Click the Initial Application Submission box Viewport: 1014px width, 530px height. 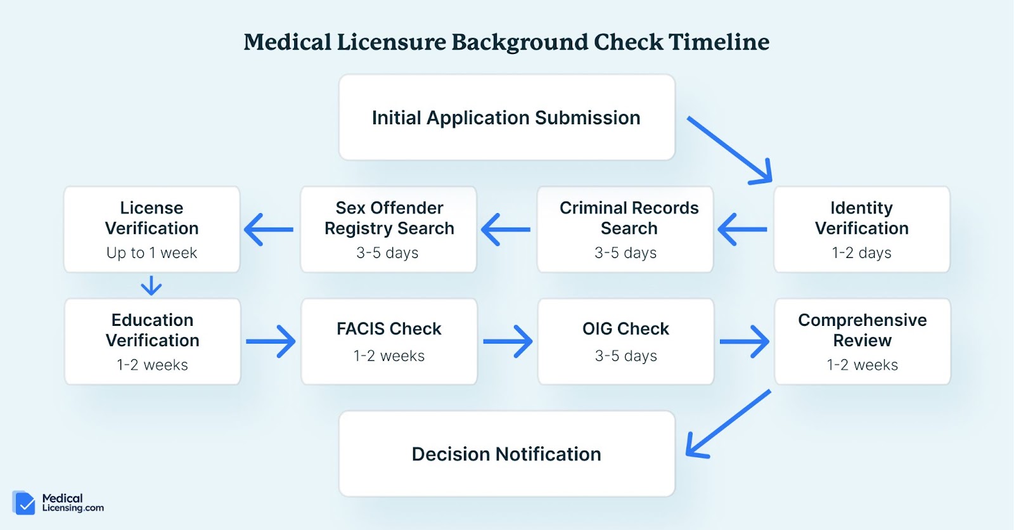[506, 117]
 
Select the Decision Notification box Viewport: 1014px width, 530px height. [506, 453]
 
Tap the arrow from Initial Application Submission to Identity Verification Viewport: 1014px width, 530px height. [729, 150]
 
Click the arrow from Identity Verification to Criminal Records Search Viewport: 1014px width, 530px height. [742, 229]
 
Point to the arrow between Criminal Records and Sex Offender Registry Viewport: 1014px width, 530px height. [506, 229]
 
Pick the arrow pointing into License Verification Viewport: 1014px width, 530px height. [269, 229]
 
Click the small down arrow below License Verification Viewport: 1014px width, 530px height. [151, 285]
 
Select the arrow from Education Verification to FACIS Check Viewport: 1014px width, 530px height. [271, 341]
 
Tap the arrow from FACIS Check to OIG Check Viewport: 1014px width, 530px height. [508, 341]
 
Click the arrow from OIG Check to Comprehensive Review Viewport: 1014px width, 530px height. [745, 341]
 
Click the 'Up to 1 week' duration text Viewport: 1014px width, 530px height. [151, 253]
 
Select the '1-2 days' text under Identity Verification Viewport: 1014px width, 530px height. [861, 253]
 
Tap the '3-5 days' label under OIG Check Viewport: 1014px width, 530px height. [626, 356]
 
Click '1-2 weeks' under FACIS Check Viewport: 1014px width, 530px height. [389, 356]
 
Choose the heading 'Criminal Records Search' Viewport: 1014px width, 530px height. [629, 218]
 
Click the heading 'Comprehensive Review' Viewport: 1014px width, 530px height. [863, 330]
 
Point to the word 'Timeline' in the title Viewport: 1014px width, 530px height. [719, 42]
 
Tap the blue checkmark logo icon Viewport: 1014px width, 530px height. [24, 503]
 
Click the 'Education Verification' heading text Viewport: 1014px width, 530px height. [153, 330]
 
